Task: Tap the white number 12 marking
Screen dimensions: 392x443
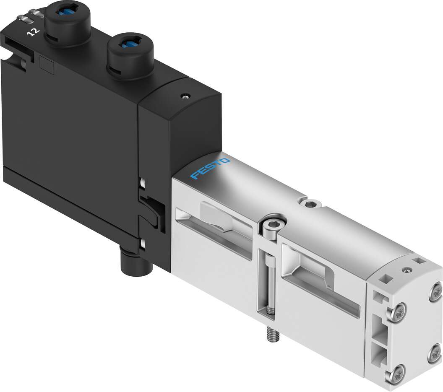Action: (31, 32)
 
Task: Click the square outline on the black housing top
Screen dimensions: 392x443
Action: (46, 63)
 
